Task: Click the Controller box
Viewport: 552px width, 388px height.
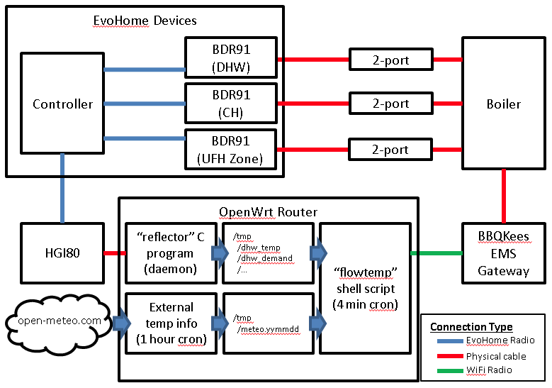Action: (62, 104)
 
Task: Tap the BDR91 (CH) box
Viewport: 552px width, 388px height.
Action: (231, 104)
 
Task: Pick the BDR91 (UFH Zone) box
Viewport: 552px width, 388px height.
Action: (231, 149)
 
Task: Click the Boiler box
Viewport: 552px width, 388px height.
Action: (503, 104)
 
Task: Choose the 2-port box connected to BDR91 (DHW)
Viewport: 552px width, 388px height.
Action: (390, 60)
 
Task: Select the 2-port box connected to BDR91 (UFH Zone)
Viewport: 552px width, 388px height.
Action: (390, 150)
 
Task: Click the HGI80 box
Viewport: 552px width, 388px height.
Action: (62, 253)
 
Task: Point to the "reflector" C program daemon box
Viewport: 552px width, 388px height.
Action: (171, 253)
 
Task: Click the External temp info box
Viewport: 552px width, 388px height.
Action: (171, 323)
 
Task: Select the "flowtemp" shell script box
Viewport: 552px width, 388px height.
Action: (364, 288)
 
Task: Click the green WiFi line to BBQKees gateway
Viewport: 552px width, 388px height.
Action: (436, 253)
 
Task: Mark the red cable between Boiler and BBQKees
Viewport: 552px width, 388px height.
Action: (503, 196)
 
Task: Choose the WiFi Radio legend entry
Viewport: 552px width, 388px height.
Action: (489, 370)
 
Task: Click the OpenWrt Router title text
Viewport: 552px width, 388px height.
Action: (269, 212)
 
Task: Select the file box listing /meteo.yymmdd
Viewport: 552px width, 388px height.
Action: (268, 323)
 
